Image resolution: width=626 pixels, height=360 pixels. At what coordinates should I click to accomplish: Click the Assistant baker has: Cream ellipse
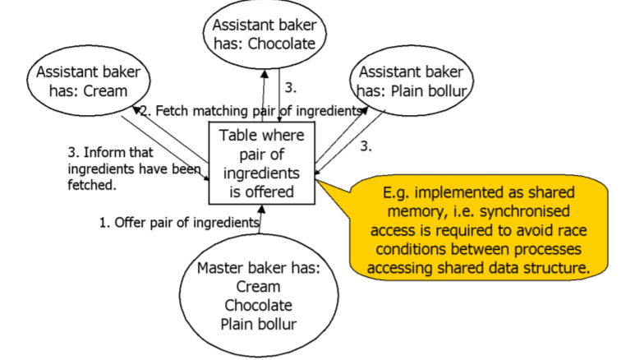[x=91, y=81]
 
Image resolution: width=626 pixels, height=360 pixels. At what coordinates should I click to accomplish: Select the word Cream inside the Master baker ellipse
[x=258, y=287]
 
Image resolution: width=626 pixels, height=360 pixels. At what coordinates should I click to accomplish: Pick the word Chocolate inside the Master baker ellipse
[x=258, y=305]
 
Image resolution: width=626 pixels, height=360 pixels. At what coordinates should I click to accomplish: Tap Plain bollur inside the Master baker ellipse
[x=258, y=323]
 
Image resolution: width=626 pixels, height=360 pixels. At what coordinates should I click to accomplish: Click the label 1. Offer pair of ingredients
[x=179, y=222]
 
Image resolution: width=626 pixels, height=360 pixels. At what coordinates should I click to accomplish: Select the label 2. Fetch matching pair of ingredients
[x=251, y=110]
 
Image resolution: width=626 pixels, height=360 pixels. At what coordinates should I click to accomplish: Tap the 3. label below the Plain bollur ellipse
[x=366, y=148]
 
